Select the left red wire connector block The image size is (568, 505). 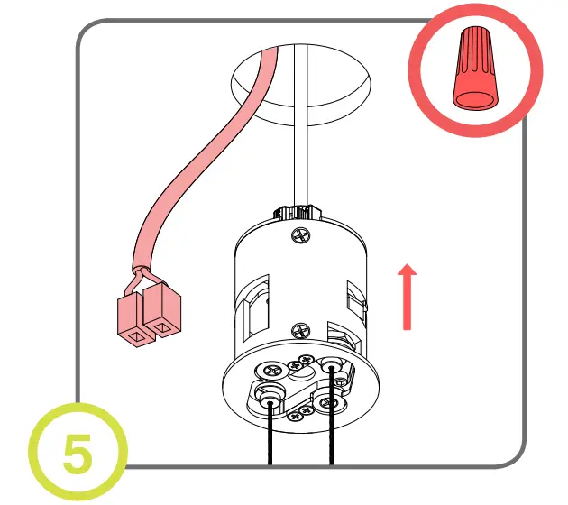[133, 321]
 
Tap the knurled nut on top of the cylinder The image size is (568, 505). [299, 211]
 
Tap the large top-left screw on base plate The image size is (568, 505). [270, 369]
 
